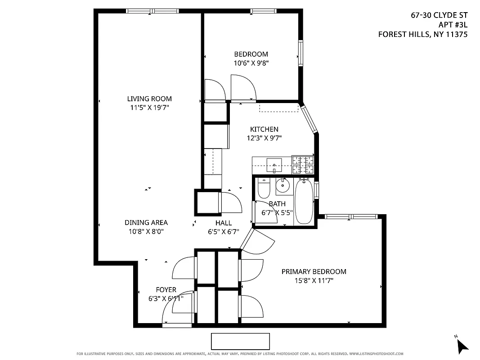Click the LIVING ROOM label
pos(149,99)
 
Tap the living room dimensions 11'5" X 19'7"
pos(149,108)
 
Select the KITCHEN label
pos(264,130)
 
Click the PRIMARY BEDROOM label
pos(314,272)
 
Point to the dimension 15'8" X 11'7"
pos(314,280)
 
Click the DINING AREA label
pos(146,223)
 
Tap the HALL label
pos(224,223)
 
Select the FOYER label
pos(166,290)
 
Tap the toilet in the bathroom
pos(264,189)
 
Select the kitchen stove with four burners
pos(303,165)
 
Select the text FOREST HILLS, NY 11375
pos(422,34)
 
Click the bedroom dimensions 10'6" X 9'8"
pos(251,63)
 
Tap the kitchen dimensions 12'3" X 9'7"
pos(264,138)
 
